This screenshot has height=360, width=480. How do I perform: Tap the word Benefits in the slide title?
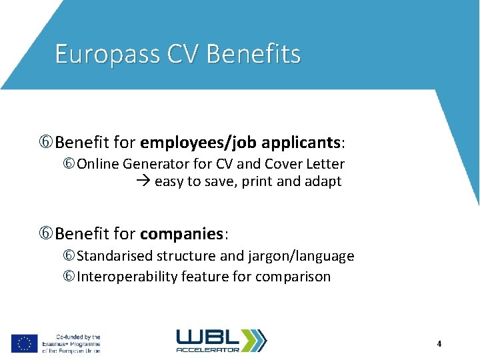coord(254,54)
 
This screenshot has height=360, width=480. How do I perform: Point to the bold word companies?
coord(181,234)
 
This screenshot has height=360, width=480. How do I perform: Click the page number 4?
coord(439,344)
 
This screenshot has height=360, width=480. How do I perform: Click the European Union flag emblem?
coord(24,343)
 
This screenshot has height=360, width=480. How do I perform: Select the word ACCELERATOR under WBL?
coord(208,349)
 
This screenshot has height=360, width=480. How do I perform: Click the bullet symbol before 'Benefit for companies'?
coord(47,234)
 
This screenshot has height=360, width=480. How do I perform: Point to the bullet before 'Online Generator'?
coord(69,164)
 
